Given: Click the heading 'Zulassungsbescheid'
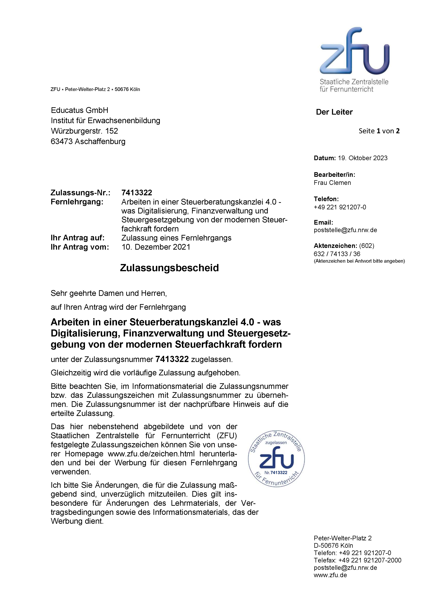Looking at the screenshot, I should [169, 268].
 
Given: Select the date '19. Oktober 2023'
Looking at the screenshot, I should [362, 158].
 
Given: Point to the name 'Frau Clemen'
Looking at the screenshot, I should [332, 183].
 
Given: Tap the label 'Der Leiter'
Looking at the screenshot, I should [334, 112].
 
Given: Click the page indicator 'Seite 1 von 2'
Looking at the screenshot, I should [379, 131].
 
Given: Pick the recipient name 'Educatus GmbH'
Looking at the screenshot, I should [79, 110].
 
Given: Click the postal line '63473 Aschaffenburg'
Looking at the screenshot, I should [88, 142].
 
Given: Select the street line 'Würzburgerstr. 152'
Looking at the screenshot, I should [84, 131].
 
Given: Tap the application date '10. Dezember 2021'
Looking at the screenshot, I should [156, 247].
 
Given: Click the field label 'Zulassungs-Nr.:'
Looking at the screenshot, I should [80, 193].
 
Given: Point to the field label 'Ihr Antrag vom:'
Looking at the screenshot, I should [80, 247].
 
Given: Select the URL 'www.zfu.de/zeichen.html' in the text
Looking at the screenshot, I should [151, 454].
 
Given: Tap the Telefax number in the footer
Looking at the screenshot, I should [369, 560].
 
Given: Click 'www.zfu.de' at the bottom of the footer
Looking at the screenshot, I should [330, 575].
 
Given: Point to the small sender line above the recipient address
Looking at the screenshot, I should [95, 90].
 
